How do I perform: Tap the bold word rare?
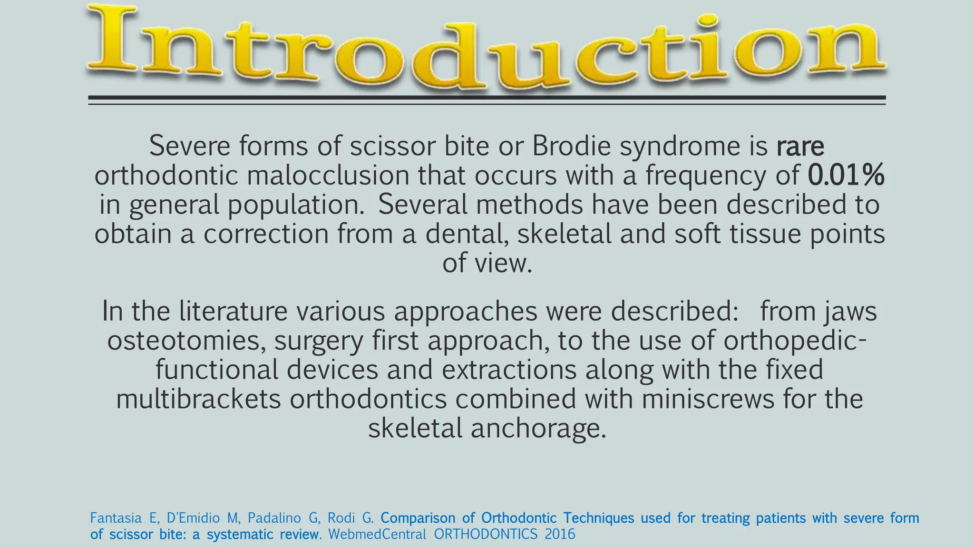point(800,146)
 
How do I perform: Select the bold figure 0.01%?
point(846,176)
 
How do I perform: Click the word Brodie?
point(571,146)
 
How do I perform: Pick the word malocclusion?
point(328,176)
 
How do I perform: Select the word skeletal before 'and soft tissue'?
point(564,234)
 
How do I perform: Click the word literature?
point(234,312)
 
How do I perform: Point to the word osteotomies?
point(186,341)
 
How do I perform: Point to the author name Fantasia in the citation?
point(116,518)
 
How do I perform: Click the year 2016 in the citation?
point(560,534)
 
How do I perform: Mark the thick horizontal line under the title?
point(487,98)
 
